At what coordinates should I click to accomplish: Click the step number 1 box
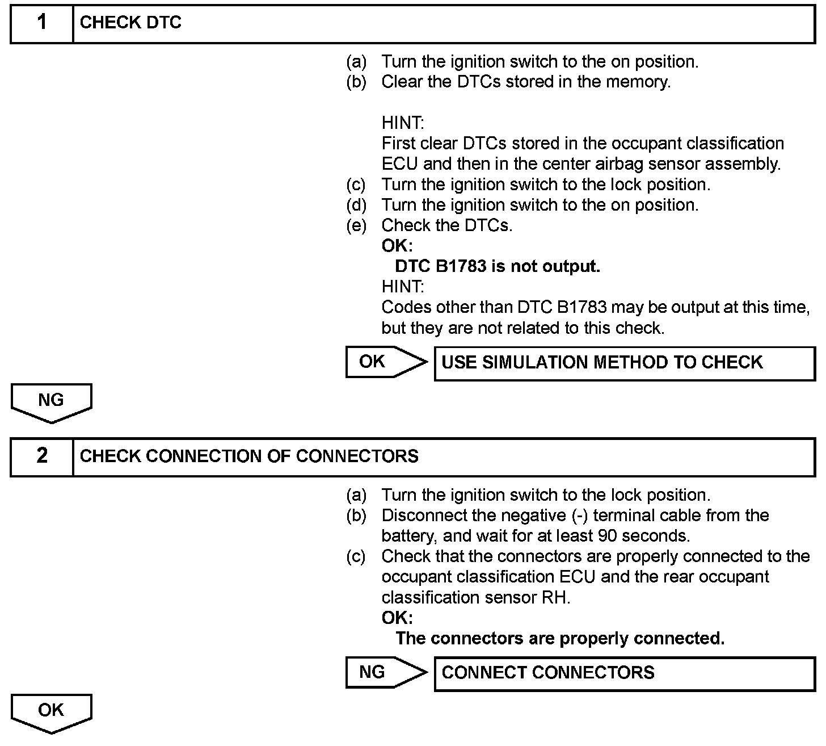42,23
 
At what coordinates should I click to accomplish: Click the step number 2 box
42,456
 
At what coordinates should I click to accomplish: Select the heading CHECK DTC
130,23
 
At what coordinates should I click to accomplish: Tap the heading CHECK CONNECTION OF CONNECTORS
249,456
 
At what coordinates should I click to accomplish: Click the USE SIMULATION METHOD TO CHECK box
624,363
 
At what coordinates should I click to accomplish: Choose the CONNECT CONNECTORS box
624,673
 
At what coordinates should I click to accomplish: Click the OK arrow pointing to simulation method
386,362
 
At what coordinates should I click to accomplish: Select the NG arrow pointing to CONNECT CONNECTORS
386,672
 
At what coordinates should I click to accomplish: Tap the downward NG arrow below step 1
51,402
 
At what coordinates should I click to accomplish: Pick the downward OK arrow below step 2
51,712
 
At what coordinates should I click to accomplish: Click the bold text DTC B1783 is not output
498,266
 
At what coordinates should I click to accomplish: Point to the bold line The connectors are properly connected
560,639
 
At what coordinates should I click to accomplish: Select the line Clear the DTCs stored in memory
526,82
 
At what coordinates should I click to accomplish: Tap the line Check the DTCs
447,225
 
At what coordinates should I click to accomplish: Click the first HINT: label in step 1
403,123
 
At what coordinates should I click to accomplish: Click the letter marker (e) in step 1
356,225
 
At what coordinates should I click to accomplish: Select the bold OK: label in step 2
397,618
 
